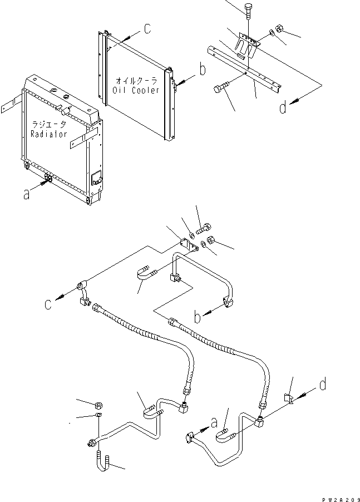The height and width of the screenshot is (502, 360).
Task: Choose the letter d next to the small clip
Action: click(x=323, y=384)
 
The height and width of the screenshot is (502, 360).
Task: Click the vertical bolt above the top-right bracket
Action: click(x=248, y=11)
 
